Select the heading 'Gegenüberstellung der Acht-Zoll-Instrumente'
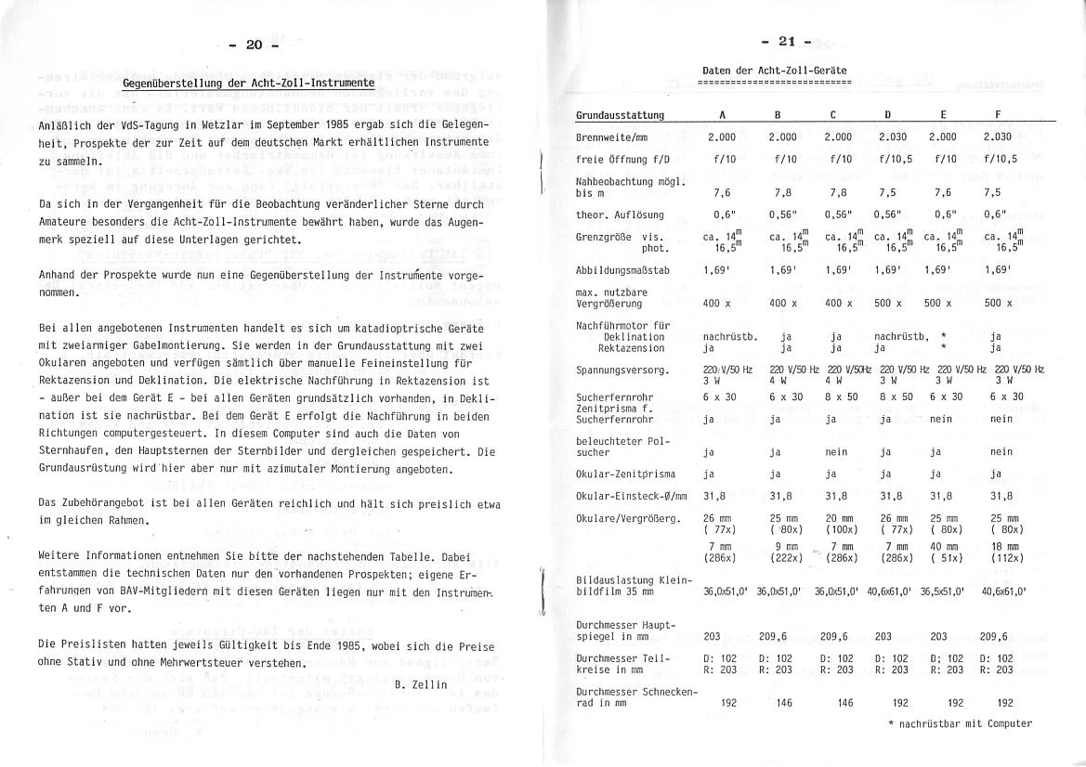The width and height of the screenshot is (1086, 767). click(249, 83)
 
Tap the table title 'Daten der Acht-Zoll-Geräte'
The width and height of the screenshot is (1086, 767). click(774, 71)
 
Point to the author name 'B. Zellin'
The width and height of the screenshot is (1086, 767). click(422, 684)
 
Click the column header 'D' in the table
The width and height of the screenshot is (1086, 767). click(887, 115)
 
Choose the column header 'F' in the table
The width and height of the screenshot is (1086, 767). click(998, 115)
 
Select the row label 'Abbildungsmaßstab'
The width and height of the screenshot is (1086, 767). click(621, 270)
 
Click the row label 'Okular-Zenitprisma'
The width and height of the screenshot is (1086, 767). click(625, 474)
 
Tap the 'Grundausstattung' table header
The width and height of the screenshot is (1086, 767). click(620, 115)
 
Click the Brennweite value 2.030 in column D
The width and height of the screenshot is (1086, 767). click(888, 137)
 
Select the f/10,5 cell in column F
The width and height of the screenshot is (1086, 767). click(1000, 159)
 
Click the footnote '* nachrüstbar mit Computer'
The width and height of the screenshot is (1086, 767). click(960, 723)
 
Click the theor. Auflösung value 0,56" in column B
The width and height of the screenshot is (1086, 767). click(783, 214)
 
